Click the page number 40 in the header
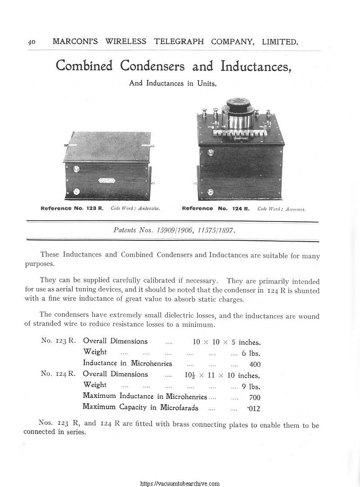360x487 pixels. (31, 42)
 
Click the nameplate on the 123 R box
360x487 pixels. (107, 181)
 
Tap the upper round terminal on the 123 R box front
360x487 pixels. (75, 169)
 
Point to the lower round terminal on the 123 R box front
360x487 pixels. (75, 191)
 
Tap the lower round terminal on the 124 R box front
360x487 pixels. (210, 192)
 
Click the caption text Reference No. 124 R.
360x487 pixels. (216, 208)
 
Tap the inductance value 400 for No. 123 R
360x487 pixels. (255, 365)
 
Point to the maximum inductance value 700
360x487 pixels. (255, 397)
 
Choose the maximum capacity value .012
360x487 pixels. (254, 409)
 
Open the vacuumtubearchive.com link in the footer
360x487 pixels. (180, 483)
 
